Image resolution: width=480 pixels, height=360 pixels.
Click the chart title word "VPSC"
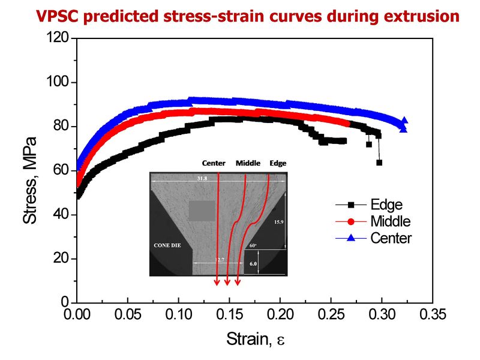click(55, 16)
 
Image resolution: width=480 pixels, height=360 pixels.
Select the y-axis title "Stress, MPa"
click(30, 180)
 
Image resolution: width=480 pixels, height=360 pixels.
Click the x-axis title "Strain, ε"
click(255, 340)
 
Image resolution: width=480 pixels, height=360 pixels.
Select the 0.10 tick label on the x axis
click(178, 314)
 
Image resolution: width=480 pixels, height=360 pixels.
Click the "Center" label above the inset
click(214, 163)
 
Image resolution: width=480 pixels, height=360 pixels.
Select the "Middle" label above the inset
click(248, 163)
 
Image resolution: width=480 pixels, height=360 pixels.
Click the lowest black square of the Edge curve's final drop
click(379, 163)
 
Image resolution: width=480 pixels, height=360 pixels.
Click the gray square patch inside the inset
click(202, 211)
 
